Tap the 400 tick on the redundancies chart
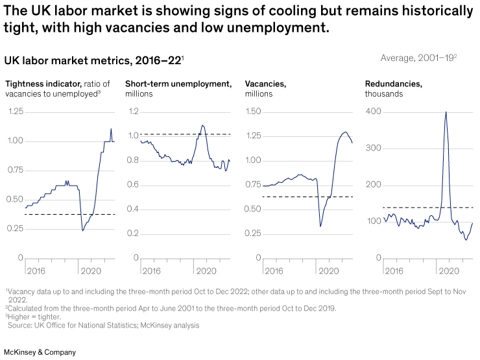[x=373, y=112]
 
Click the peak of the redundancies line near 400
[x=446, y=112]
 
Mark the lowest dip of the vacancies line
[x=320, y=226]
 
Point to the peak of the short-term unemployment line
[x=202, y=125]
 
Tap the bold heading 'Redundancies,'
[x=393, y=84]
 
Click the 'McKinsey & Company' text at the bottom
[x=40, y=352]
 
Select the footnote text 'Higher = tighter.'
[x=36, y=317]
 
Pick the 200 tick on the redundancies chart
[x=373, y=185]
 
